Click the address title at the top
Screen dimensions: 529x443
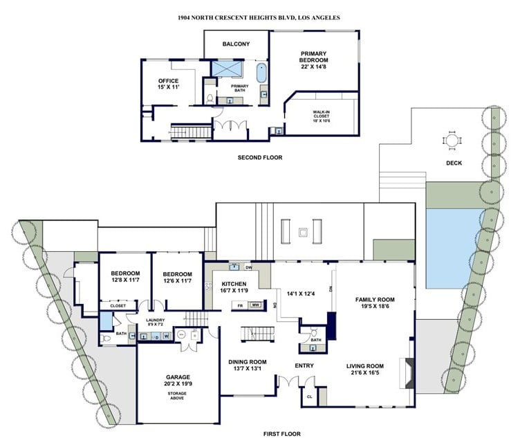(x=259, y=17)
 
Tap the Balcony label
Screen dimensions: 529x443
(x=236, y=44)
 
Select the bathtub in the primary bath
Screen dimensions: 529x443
(x=261, y=73)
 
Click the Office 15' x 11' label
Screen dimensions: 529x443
(x=168, y=84)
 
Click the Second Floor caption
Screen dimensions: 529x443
(x=260, y=157)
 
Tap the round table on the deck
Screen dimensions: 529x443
(x=452, y=140)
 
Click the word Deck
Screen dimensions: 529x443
(x=454, y=163)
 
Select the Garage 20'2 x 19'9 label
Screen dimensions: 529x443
(x=178, y=380)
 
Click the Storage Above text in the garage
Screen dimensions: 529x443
(x=177, y=396)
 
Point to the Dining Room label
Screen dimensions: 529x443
(x=248, y=365)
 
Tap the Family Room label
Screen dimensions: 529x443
(x=375, y=303)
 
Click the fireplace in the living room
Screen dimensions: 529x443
(x=407, y=373)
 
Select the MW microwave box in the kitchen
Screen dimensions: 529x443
(x=255, y=305)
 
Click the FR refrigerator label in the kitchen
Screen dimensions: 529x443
(x=240, y=306)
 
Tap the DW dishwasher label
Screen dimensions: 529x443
(x=249, y=268)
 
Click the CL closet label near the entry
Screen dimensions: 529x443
(x=309, y=397)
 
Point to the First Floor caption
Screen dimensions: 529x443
(x=281, y=434)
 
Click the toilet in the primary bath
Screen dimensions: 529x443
(x=210, y=98)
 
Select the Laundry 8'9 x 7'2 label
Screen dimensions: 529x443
(x=156, y=322)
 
